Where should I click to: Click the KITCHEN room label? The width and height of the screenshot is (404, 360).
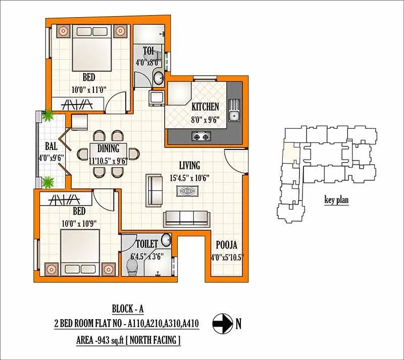(x=205, y=107)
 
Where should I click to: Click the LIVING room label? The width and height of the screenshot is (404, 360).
(x=189, y=165)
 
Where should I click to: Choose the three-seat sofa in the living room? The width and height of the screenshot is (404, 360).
(x=186, y=218)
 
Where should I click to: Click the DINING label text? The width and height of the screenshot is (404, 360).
(x=109, y=148)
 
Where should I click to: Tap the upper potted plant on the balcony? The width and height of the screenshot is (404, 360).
(x=48, y=116)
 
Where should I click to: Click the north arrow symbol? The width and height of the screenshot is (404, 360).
(x=220, y=322)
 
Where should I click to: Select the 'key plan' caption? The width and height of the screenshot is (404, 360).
(x=336, y=200)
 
